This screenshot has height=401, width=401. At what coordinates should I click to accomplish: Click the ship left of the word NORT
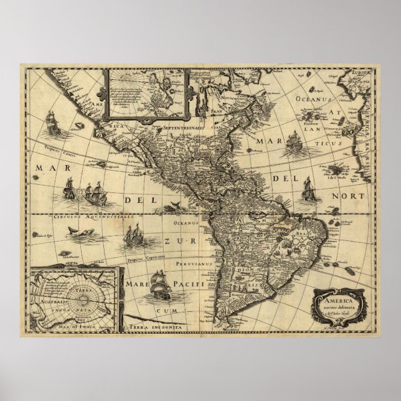[x=307, y=187]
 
